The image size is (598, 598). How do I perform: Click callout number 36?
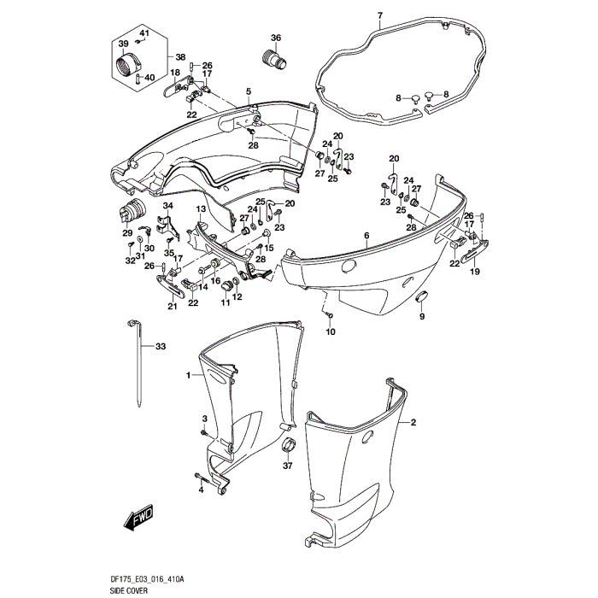click(x=276, y=38)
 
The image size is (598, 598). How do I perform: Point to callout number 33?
click(x=161, y=347)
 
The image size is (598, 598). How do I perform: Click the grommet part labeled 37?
click(x=288, y=445)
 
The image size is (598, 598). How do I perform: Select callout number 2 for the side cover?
click(x=413, y=423)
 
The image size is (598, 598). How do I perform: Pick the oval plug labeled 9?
click(x=420, y=296)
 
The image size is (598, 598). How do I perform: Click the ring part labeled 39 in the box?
click(x=127, y=64)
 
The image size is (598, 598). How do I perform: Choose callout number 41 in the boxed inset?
click(x=144, y=33)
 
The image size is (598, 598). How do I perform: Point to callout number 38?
click(x=180, y=57)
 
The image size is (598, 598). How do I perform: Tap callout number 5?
click(x=249, y=91)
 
